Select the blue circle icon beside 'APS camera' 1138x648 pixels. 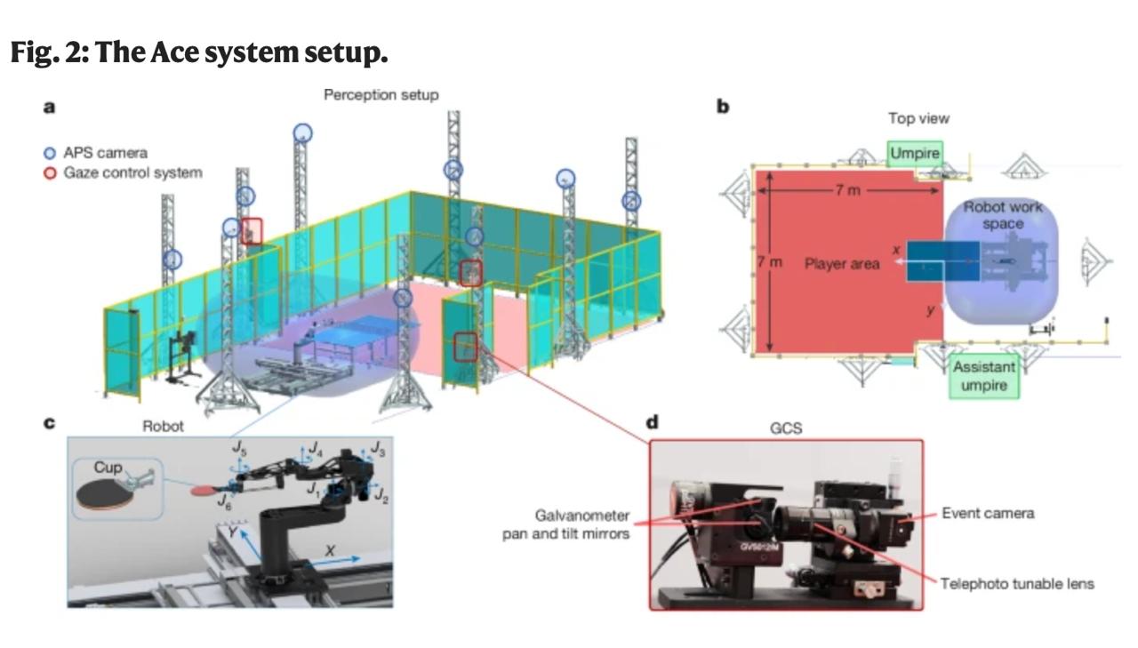[x=51, y=153]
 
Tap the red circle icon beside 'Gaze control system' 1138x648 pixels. [x=51, y=172]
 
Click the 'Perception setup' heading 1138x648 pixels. [x=381, y=94]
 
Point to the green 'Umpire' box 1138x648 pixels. [x=915, y=154]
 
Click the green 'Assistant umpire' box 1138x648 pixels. [x=983, y=377]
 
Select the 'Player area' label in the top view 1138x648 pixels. [x=842, y=264]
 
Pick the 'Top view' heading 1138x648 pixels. [x=918, y=118]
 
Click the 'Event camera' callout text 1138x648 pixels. [x=988, y=513]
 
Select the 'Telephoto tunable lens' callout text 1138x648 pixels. [x=1017, y=584]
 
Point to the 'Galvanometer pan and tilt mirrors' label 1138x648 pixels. [x=583, y=524]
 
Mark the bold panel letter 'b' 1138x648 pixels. [x=723, y=106]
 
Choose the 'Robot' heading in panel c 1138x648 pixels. [x=163, y=426]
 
